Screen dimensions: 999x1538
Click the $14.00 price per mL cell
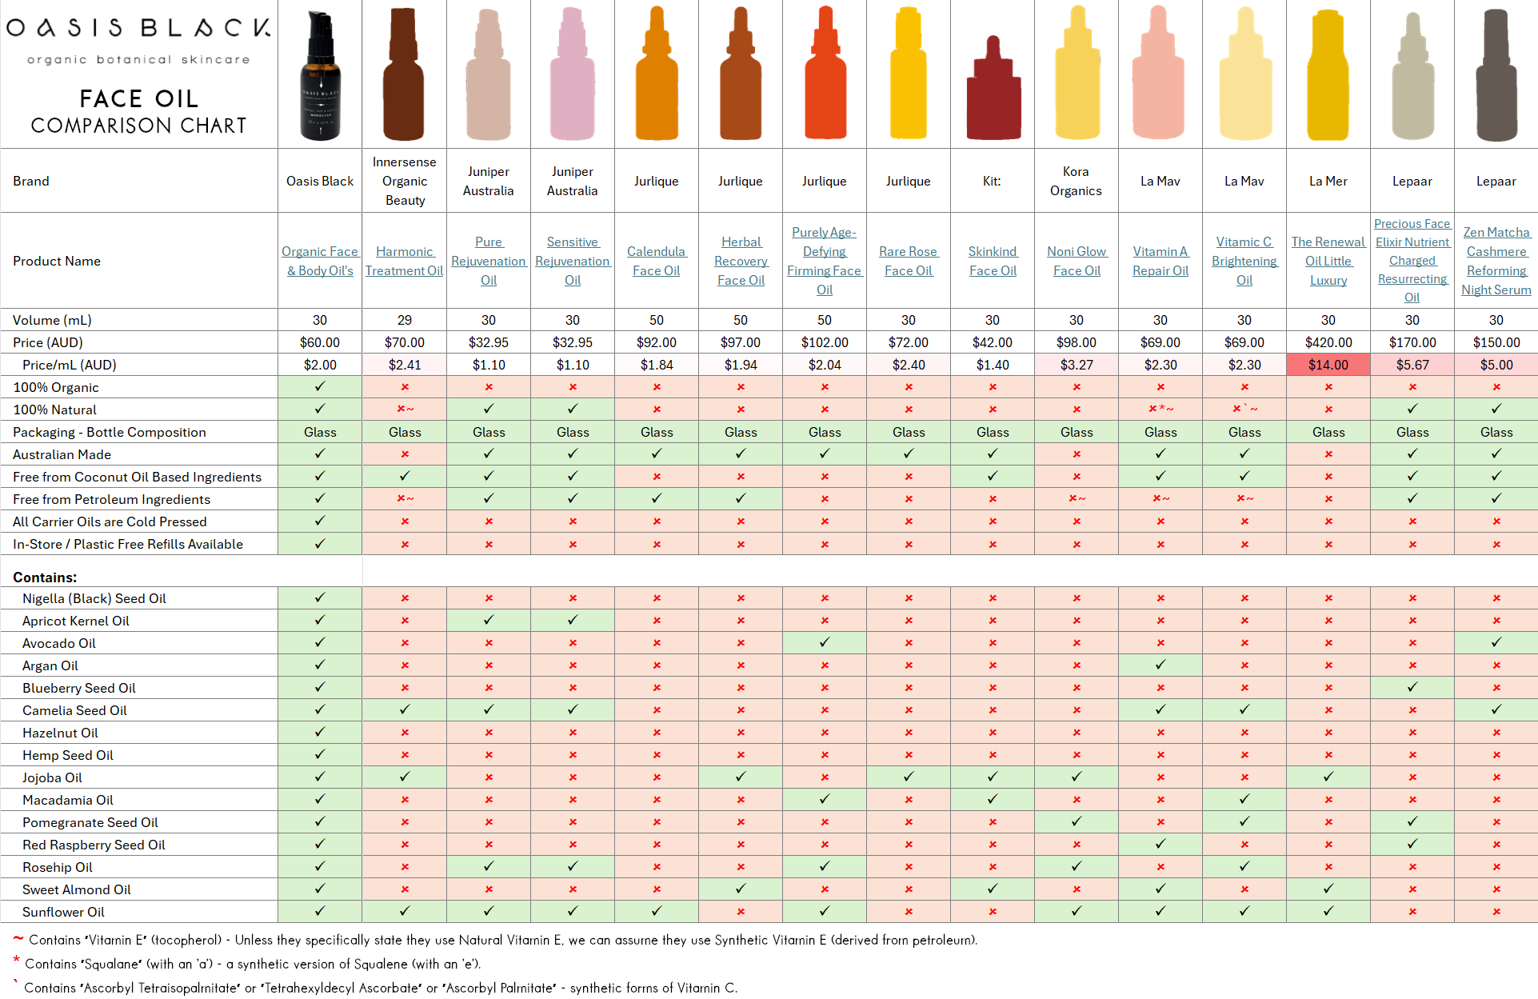click(1328, 365)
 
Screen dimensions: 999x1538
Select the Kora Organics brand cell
click(1076, 181)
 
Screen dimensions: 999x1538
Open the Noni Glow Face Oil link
click(1077, 261)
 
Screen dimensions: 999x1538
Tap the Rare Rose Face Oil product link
click(909, 261)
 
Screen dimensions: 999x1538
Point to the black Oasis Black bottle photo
click(320, 76)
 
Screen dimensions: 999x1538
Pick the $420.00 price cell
click(1328, 342)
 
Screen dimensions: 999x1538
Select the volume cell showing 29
click(405, 320)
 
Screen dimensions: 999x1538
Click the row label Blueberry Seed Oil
click(79, 688)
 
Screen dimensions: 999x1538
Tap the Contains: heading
click(45, 577)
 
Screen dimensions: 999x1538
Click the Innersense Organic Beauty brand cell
click(405, 181)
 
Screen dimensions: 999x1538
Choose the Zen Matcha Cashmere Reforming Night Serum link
click(1496, 261)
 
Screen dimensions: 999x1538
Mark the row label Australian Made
click(62, 454)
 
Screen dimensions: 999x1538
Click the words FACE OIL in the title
click(138, 98)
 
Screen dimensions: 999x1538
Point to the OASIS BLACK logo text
click(138, 28)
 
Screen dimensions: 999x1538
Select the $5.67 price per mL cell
click(1412, 365)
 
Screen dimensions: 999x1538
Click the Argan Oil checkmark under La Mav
click(1160, 665)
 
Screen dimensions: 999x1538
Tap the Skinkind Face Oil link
click(993, 261)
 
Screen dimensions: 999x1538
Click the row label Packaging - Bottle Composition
click(110, 432)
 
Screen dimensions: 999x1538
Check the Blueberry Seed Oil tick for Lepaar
click(1412, 687)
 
